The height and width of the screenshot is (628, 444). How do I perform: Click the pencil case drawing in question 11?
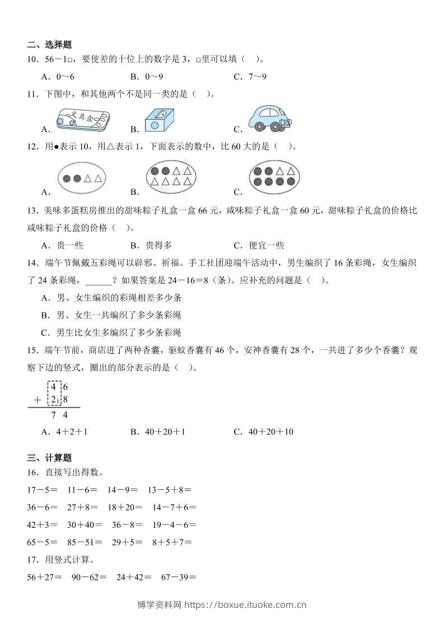click(x=82, y=120)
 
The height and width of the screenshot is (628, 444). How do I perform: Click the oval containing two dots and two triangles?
click(x=82, y=179)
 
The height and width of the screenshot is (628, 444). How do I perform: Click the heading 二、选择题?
click(x=49, y=45)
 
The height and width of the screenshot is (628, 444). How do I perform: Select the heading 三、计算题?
click(x=49, y=458)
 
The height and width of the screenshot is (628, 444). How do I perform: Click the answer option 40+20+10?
click(x=271, y=432)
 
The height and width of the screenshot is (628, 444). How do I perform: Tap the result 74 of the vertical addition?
click(x=59, y=415)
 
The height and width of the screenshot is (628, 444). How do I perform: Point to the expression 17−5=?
click(x=42, y=490)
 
